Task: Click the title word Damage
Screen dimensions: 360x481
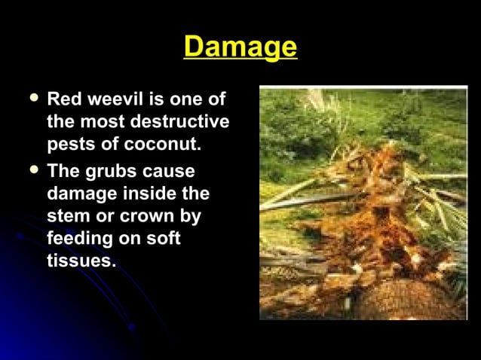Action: pyautogui.click(x=240, y=47)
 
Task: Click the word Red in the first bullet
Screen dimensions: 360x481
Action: pyautogui.click(x=63, y=99)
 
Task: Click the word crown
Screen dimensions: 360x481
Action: pyautogui.click(x=147, y=216)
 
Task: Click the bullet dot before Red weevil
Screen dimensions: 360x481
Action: pyautogui.click(x=31, y=99)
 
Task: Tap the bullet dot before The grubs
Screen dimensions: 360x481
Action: pyautogui.click(x=31, y=170)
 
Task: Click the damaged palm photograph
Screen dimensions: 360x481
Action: pyautogui.click(x=363, y=203)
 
